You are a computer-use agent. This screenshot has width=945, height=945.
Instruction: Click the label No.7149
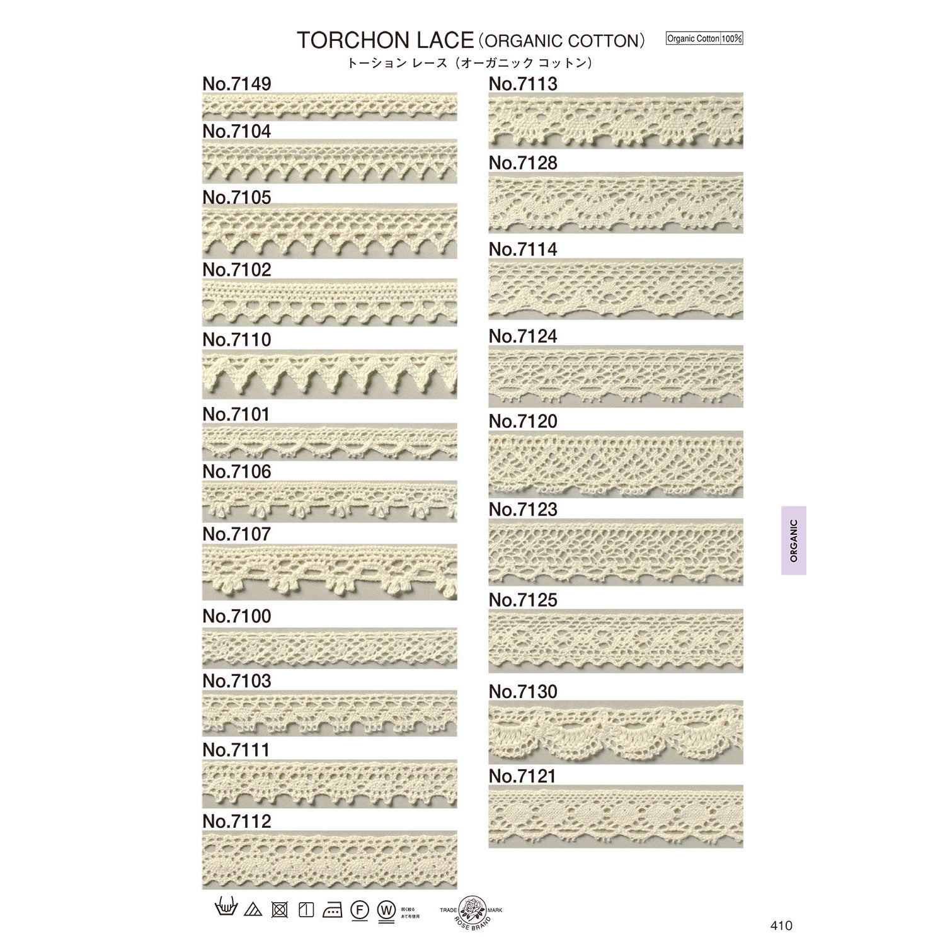(237, 84)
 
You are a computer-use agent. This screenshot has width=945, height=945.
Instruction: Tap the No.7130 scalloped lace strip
(616, 731)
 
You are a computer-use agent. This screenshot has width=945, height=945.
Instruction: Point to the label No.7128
(523, 163)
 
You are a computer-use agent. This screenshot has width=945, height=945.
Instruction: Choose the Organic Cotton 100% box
(704, 38)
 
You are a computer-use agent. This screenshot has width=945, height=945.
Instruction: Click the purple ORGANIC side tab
(793, 541)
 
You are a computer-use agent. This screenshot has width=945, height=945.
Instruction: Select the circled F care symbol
(358, 910)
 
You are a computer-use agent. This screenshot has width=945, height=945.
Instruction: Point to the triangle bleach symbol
(253, 910)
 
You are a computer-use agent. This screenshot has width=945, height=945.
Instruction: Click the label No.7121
(522, 777)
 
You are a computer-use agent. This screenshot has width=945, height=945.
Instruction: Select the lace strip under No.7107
(329, 571)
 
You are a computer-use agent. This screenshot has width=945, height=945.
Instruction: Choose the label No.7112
(237, 822)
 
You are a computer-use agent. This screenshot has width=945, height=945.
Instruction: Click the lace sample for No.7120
(616, 463)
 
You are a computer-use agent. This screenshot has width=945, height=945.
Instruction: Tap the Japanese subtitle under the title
(471, 63)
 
